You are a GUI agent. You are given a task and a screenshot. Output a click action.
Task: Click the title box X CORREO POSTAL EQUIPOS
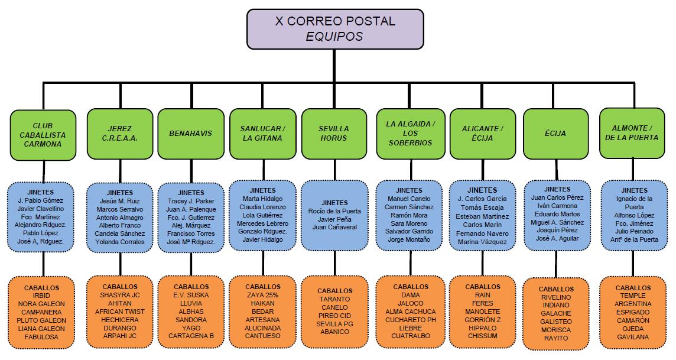[335, 29]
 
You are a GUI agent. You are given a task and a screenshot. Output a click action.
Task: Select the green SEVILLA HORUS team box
[334, 134]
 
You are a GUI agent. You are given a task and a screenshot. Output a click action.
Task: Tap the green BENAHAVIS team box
[191, 134]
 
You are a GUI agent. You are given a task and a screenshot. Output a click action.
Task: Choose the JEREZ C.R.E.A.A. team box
[119, 134]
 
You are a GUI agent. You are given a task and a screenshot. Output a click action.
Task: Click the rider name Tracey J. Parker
[191, 201]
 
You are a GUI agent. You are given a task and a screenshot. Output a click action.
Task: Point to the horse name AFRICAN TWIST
[119, 312]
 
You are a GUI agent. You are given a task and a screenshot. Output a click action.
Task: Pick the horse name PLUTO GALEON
[42, 320]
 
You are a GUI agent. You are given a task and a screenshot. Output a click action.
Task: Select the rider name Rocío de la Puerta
[334, 211]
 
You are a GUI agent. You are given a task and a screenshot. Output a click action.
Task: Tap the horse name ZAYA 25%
[262, 294]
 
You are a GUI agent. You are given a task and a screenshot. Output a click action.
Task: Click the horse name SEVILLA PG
[334, 324]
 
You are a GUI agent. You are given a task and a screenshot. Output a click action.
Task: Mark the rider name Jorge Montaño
[409, 240]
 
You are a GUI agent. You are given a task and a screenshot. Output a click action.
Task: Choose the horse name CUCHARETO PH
[410, 320]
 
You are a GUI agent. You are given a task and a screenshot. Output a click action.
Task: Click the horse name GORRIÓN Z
[482, 319]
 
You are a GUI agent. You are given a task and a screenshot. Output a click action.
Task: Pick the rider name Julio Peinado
[633, 232]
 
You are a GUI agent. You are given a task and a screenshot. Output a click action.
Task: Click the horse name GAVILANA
[633, 337]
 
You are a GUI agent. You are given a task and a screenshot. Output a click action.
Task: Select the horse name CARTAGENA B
[191, 336]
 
